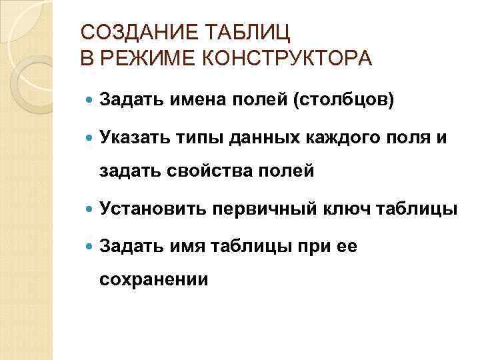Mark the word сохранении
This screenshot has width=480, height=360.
[153, 281]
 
